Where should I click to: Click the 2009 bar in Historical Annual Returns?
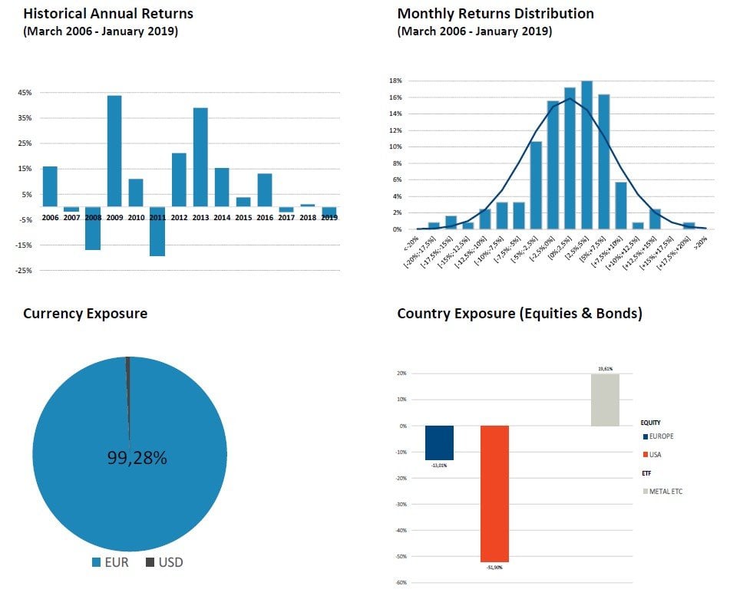click(x=114, y=151)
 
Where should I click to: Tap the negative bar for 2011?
click(x=157, y=231)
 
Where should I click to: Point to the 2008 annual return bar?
click(x=93, y=228)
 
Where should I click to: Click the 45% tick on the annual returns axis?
click(x=24, y=93)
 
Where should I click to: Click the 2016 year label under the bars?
click(x=265, y=218)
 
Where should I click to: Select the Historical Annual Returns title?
click(x=108, y=14)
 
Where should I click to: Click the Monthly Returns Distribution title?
click(x=495, y=14)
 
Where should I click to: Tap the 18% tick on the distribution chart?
click(x=396, y=81)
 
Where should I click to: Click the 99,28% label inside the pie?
click(x=137, y=458)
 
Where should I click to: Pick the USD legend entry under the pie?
click(x=170, y=563)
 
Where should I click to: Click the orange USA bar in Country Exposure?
click(x=494, y=493)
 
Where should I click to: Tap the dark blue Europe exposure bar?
click(x=439, y=443)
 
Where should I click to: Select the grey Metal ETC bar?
click(x=605, y=400)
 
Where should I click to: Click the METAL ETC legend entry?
click(x=665, y=491)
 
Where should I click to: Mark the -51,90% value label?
click(x=494, y=568)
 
